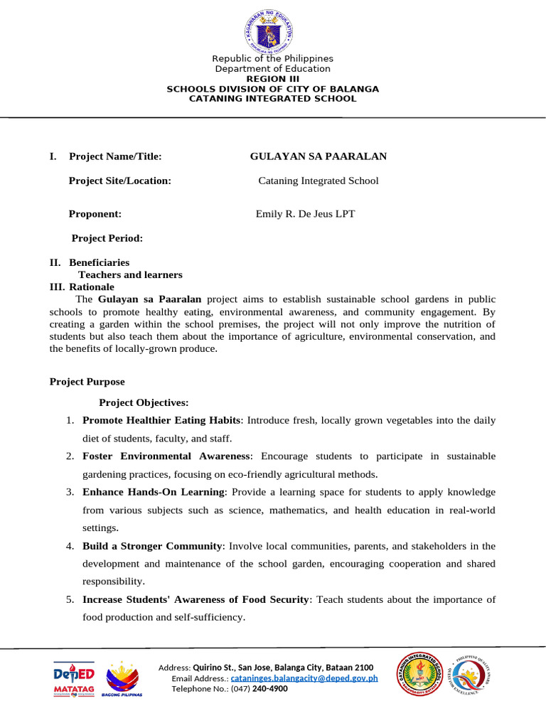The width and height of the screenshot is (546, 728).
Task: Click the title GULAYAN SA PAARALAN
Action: coord(318,156)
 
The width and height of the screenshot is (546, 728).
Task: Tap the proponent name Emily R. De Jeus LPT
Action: coord(305,213)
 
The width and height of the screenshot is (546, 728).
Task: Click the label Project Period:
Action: coord(107,237)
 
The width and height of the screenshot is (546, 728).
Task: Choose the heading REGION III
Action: coord(272,79)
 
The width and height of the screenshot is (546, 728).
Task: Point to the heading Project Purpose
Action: coord(87,382)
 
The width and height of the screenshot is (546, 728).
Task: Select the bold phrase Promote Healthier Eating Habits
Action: coord(162,420)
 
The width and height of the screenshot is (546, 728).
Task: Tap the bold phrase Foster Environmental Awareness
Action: coord(166,456)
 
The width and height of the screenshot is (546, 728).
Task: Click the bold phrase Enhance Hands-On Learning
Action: coord(154,492)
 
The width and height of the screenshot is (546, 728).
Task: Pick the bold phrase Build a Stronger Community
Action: coord(152,546)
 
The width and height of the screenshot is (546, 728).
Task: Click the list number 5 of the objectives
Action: coord(70,599)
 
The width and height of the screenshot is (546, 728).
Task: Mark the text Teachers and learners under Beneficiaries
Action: coord(130,274)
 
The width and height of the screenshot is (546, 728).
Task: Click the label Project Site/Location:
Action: coord(119,181)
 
